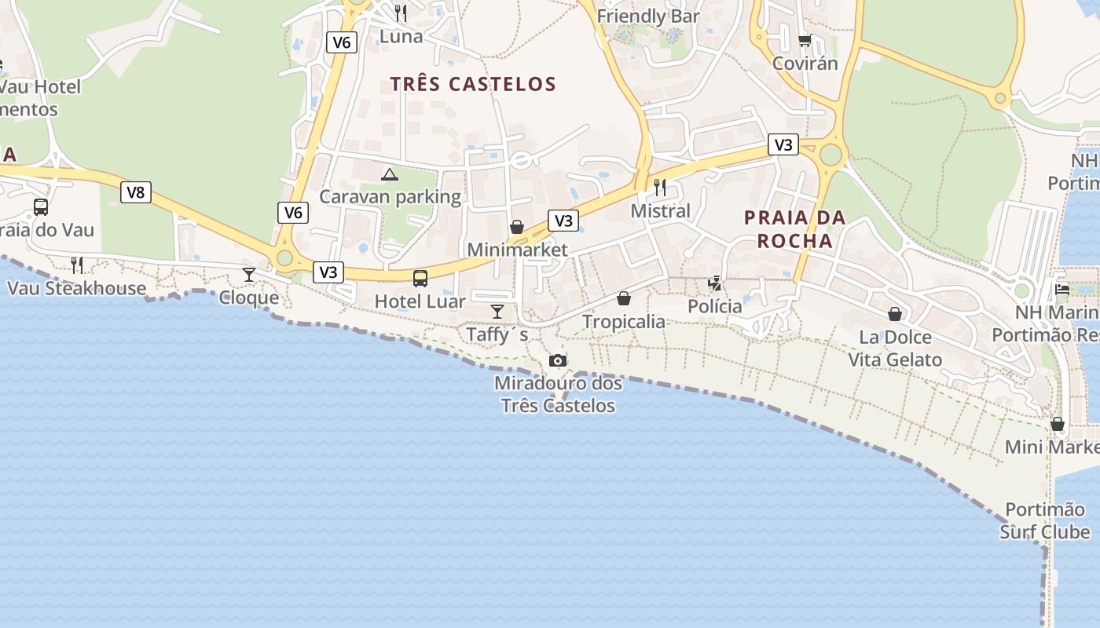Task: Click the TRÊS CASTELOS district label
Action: [x=473, y=84]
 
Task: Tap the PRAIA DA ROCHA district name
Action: [x=794, y=228]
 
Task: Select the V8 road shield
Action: [x=136, y=192]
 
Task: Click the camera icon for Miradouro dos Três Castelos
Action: [x=558, y=360]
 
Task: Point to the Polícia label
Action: [x=715, y=306]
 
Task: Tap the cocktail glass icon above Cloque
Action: [x=249, y=274]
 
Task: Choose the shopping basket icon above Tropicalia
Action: [x=624, y=298]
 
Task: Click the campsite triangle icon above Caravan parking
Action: [x=390, y=173]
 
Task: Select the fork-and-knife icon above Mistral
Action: [x=660, y=187]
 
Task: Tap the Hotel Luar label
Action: [x=420, y=301]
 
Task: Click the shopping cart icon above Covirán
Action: [x=805, y=40]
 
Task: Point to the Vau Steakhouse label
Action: [x=76, y=288]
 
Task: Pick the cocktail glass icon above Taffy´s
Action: [x=497, y=311]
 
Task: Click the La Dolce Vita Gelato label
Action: [x=895, y=349]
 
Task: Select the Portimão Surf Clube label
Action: [x=1045, y=520]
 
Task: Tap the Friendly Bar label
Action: [x=648, y=16]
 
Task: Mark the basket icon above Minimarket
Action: [x=517, y=227]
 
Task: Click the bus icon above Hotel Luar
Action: [x=420, y=278]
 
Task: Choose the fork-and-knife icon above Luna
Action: [x=401, y=13]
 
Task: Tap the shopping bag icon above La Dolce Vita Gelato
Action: [x=895, y=314]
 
